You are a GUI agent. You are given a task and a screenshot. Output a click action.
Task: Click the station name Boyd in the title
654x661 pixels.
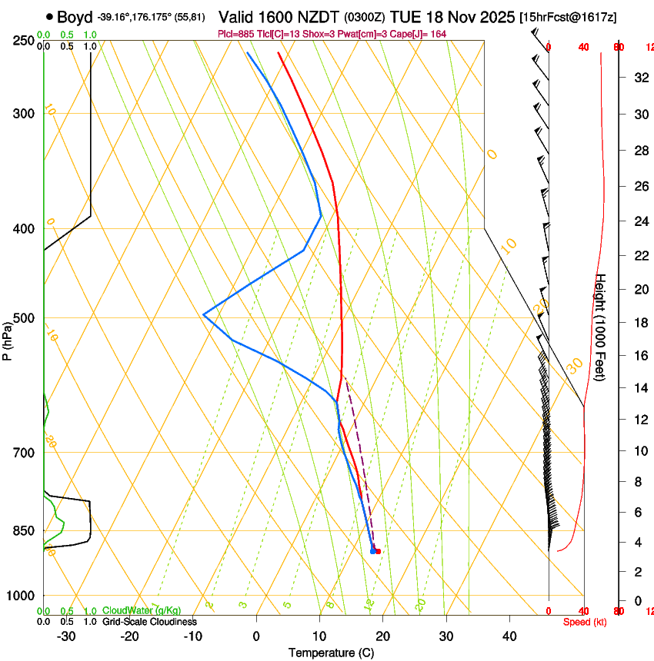click(75, 17)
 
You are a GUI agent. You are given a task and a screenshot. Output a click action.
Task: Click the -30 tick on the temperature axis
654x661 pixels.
click(66, 636)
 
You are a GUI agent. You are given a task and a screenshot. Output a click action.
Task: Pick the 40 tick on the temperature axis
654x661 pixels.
click(509, 636)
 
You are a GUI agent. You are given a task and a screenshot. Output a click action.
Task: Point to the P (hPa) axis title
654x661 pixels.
click(7, 339)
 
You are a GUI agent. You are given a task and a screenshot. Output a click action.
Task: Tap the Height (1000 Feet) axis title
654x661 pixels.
click(601, 327)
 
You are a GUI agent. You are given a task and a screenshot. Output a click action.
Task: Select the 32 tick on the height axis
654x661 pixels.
click(639, 78)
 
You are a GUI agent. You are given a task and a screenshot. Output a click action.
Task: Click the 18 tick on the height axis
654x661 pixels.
click(639, 323)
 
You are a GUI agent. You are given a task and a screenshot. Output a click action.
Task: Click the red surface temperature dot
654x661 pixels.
click(378, 551)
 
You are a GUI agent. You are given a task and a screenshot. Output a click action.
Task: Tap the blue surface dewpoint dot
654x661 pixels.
click(372, 551)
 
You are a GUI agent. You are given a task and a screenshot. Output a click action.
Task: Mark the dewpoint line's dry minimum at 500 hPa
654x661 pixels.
click(203, 314)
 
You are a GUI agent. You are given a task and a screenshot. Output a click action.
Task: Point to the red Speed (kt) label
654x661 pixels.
click(584, 622)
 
